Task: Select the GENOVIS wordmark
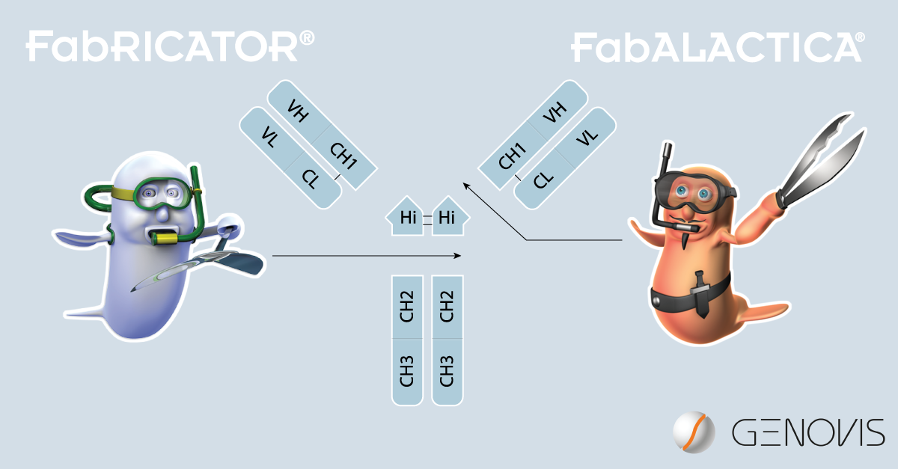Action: pos(807,432)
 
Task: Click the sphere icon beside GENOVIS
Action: pos(694,432)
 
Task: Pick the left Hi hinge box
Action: pos(406,217)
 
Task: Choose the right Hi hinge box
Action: pos(449,217)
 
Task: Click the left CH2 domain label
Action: pos(406,306)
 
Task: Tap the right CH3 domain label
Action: pos(447,371)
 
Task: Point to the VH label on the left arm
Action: pos(299,111)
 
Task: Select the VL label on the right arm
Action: pos(587,138)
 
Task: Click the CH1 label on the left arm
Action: pos(343,156)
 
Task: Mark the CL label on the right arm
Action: pos(543,180)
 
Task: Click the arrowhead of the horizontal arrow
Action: pos(457,255)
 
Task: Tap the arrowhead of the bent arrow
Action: pos(465,186)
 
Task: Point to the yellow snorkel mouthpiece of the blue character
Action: pos(165,238)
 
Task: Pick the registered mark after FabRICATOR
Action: pos(307,38)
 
